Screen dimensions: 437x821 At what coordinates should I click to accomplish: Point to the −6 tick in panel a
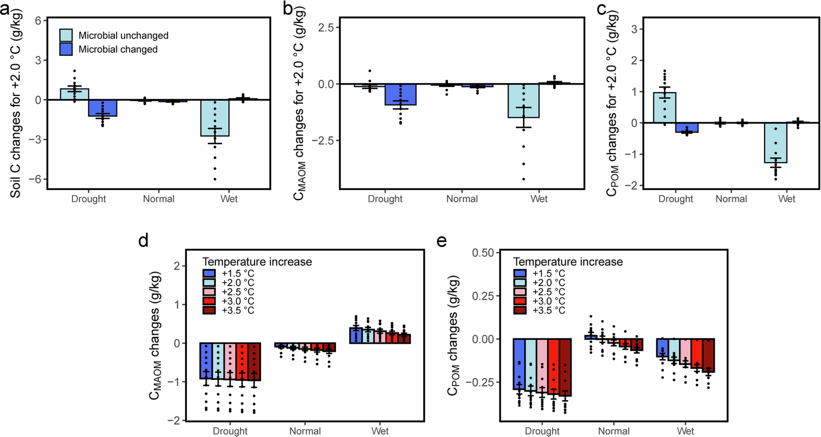pos(35,179)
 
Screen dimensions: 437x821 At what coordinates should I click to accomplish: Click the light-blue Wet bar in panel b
pos(524,101)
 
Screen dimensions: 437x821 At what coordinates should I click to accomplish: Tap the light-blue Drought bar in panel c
pos(664,108)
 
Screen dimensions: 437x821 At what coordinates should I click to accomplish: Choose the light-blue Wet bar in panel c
pos(775,143)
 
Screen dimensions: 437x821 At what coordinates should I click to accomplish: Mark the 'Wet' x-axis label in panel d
pos(380,431)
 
